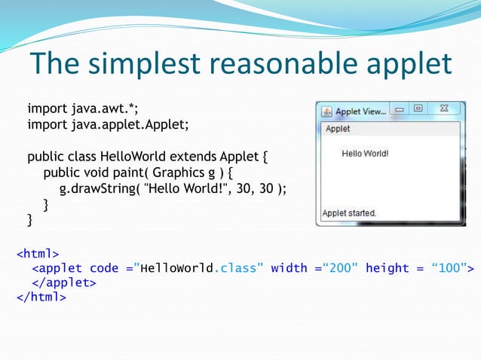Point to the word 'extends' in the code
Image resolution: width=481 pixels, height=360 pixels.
[x=193, y=157]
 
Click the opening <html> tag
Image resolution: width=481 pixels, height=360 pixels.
[x=38, y=252]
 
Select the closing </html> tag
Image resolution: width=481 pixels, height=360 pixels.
[x=41, y=297]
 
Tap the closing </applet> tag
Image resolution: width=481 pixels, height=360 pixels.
[x=64, y=282]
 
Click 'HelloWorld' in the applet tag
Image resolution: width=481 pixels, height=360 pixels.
[x=177, y=267]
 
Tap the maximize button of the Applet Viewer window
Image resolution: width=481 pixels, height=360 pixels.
[x=418, y=110]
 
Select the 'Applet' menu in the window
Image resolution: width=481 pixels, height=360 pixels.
[x=338, y=129]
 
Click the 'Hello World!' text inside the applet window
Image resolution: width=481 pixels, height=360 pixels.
[x=365, y=154]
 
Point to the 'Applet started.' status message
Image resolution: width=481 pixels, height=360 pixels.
[x=349, y=213]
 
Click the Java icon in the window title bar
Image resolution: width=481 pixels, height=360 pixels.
[x=326, y=111]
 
